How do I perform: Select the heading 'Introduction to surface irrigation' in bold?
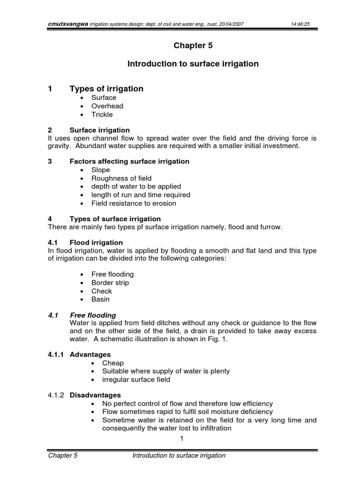pos(193,64)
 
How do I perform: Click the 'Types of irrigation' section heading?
pos(106,89)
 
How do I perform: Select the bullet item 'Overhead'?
pos(107,106)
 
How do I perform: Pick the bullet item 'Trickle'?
pos(102,114)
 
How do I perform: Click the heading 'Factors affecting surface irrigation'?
pos(129,161)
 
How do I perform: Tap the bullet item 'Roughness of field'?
pos(121,178)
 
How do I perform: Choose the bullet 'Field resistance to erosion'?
pos(134,203)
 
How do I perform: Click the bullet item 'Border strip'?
pos(110,283)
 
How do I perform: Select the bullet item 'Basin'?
pos(101,299)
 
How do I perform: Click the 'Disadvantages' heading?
pos(95,395)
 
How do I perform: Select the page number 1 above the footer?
pos(181,438)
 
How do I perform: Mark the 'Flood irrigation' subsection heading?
pos(96,242)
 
